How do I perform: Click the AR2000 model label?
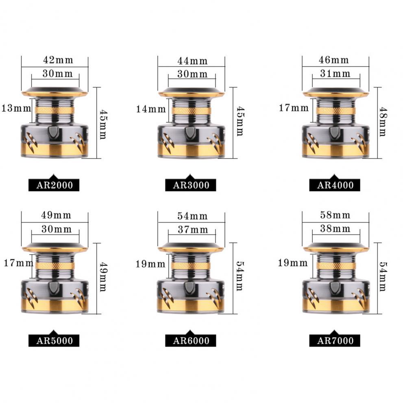[54, 185]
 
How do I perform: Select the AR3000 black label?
[191, 185]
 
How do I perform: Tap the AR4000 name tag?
[335, 185]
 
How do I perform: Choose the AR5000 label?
[54, 340]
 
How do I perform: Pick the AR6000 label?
[191, 340]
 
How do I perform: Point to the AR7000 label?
[335, 340]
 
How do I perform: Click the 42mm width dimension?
[58, 60]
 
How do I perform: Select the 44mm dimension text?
[192, 61]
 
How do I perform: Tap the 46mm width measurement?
[333, 60]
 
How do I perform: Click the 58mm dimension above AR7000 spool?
[335, 215]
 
